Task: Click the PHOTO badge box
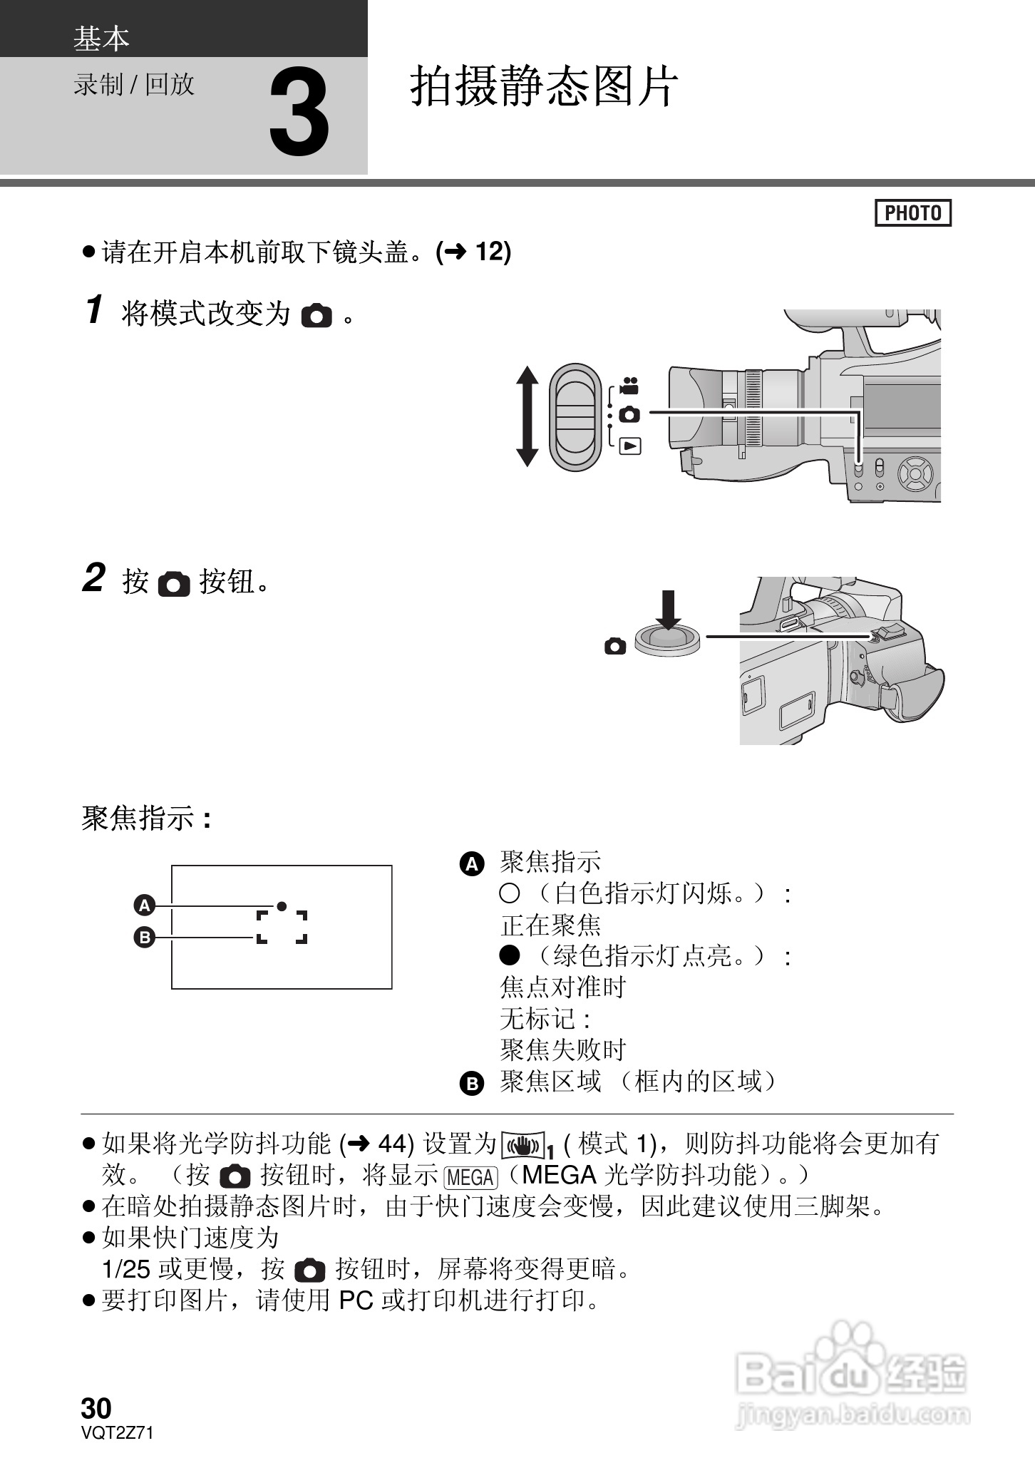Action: pyautogui.click(x=912, y=213)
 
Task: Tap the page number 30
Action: pyautogui.click(x=96, y=1408)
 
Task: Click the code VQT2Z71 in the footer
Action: pyautogui.click(x=117, y=1433)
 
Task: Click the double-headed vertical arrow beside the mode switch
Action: pyautogui.click(x=527, y=416)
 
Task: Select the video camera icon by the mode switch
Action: pyautogui.click(x=629, y=386)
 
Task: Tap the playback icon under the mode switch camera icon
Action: pyautogui.click(x=630, y=446)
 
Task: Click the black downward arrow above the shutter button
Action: pyautogui.click(x=668, y=610)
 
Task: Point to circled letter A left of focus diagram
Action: pyautogui.click(x=145, y=905)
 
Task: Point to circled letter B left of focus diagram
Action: pyautogui.click(x=145, y=937)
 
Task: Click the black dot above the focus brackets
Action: pyautogui.click(x=282, y=905)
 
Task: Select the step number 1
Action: pyautogui.click(x=94, y=310)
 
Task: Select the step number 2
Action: pyautogui.click(x=94, y=578)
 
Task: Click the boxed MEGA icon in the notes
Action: pyautogui.click(x=470, y=1177)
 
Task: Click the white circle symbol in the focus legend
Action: pyautogui.click(x=509, y=893)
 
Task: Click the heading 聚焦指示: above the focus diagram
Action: pyautogui.click(x=146, y=818)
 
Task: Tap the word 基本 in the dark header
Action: pyautogui.click(x=101, y=38)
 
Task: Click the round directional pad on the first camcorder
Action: pyautogui.click(x=915, y=473)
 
